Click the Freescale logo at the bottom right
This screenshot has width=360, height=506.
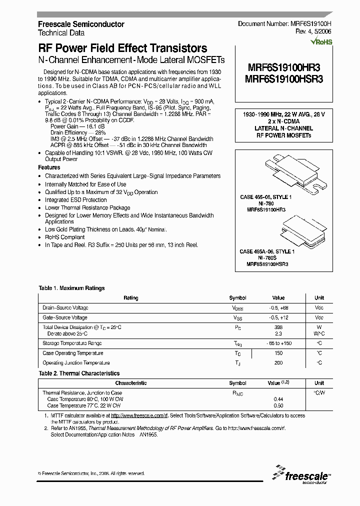[x=300, y=475]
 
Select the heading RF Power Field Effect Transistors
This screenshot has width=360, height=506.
[x=122, y=48]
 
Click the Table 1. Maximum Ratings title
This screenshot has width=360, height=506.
[x=71, y=288]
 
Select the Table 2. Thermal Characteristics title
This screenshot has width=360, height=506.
[x=79, y=373]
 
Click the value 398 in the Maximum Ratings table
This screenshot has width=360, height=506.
[x=278, y=327]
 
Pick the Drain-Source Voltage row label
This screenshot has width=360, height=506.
[x=65, y=308]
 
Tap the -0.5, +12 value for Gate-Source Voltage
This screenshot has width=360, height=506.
[x=278, y=317]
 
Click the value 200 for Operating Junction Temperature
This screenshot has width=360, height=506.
[x=278, y=362]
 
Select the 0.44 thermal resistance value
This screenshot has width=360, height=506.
[x=278, y=399]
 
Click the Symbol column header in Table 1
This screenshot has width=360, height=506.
[x=237, y=298]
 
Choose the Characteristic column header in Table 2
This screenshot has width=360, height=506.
[x=131, y=383]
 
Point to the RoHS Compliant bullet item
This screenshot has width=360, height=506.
[x=64, y=237]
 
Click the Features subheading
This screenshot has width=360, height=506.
[x=49, y=167]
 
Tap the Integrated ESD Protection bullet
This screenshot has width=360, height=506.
[x=75, y=199]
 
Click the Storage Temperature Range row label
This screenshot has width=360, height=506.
[x=72, y=343]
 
